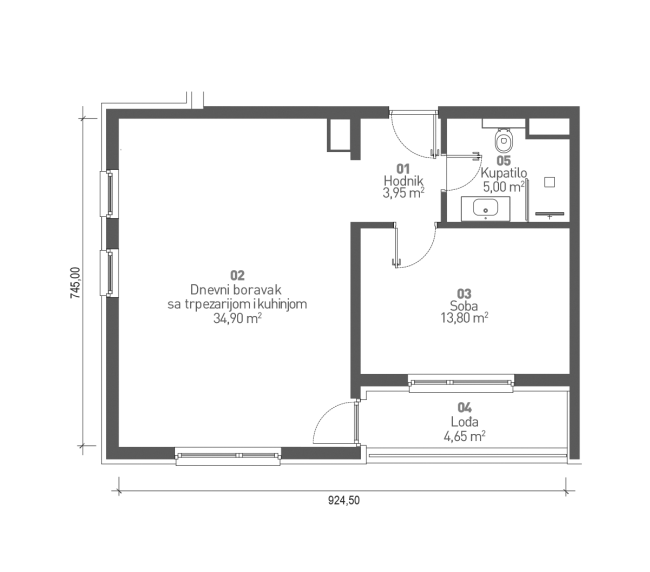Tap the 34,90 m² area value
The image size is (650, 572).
(x=237, y=321)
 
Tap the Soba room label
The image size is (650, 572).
(x=463, y=307)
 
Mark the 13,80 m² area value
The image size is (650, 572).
(x=463, y=319)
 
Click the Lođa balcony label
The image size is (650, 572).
(x=463, y=422)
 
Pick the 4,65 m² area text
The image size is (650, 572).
(x=463, y=436)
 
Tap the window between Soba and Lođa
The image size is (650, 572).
(x=461, y=381)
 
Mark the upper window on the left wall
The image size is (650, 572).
(x=107, y=192)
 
